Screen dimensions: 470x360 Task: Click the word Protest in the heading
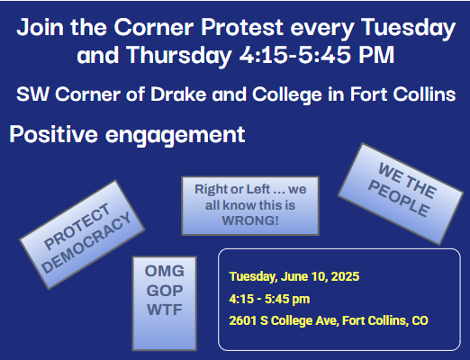pos(242,27)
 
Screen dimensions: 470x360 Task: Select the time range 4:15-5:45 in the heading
pos(294,55)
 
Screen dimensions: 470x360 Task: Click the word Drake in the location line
pos(178,94)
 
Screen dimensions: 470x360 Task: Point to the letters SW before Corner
pos(32,94)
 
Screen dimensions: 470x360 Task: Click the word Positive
pos(54,134)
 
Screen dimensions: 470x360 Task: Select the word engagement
pos(176,136)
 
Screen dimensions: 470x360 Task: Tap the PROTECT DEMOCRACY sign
pos(82,234)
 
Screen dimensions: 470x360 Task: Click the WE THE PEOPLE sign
pos(401,193)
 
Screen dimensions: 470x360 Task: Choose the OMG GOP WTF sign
pos(165,303)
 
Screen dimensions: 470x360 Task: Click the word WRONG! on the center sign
pos(250,220)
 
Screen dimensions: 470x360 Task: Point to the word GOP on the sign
pos(165,291)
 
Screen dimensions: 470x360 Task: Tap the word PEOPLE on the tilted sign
pos(399,199)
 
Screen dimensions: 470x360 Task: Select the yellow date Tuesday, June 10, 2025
pos(294,276)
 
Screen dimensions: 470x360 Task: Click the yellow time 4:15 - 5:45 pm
pos(269,299)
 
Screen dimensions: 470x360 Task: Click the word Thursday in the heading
pos(179,56)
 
